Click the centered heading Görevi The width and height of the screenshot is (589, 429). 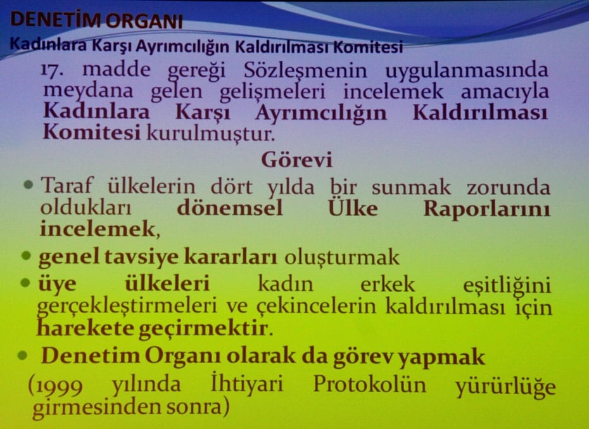pos(297,160)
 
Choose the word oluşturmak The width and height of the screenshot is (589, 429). pos(342,258)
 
